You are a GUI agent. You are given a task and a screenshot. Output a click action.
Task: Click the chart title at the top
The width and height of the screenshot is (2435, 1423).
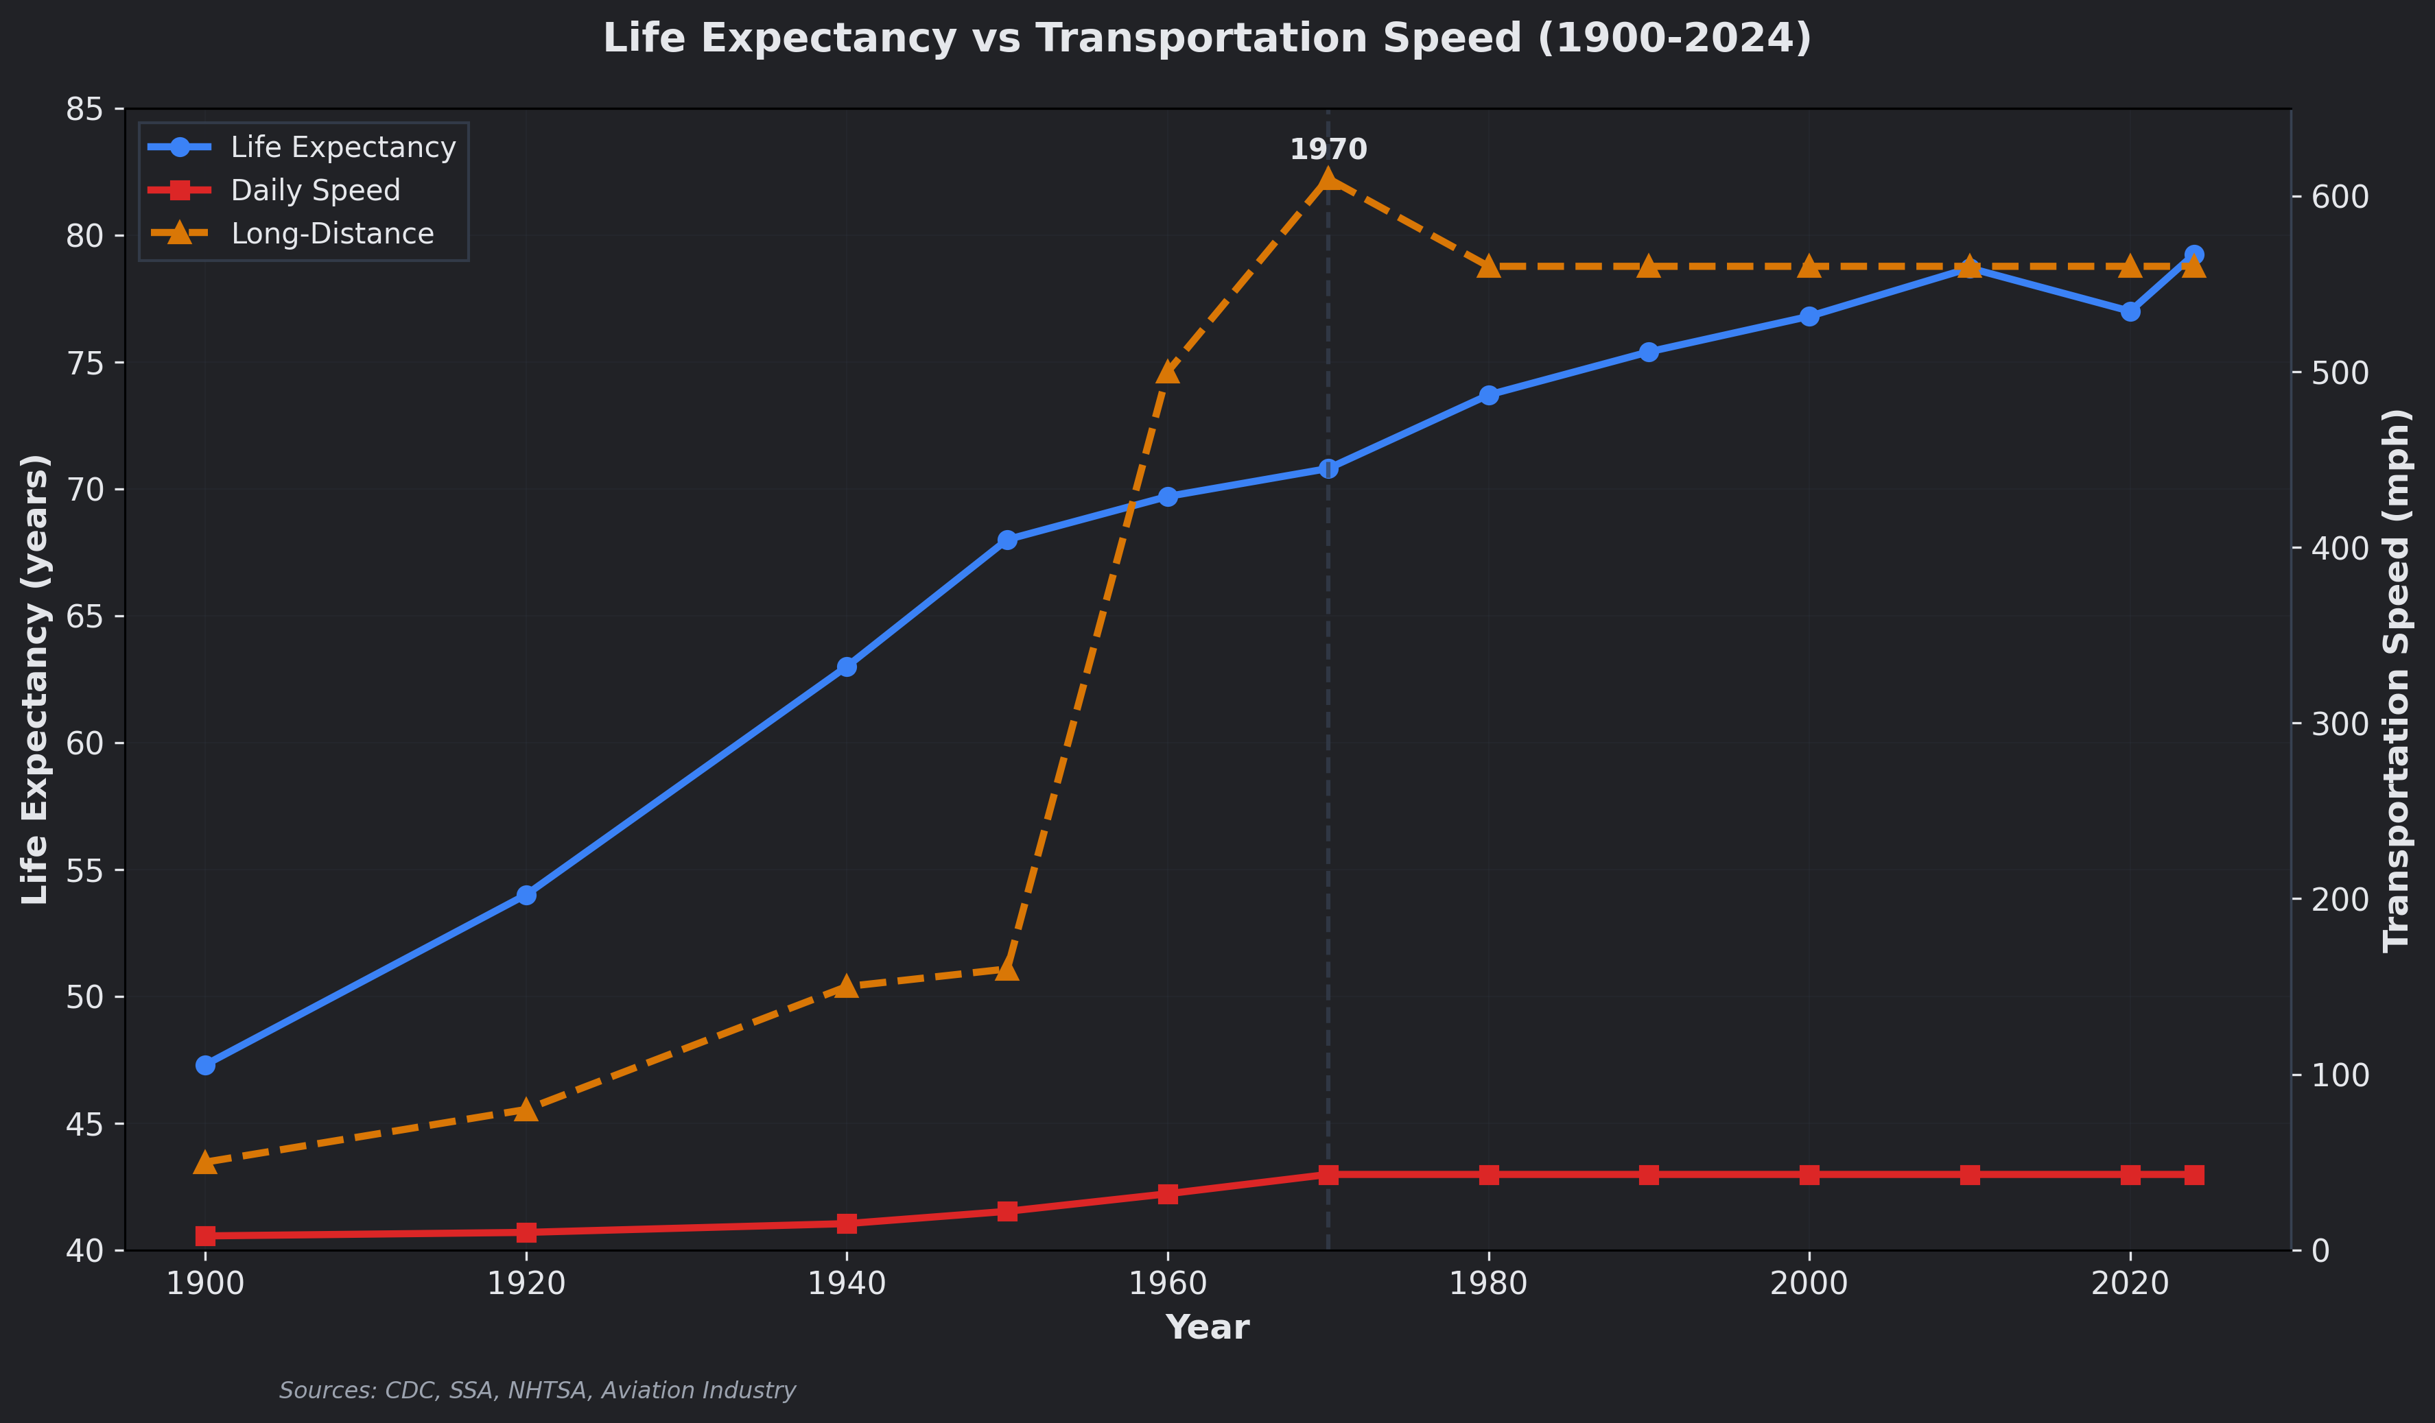(1207, 38)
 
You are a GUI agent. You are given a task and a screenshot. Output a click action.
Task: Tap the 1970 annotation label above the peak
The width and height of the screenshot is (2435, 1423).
(1328, 150)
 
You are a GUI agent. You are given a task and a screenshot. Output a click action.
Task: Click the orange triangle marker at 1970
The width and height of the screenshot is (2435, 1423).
(1328, 180)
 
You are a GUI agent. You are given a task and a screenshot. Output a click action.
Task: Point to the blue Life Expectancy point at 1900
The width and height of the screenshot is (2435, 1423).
(205, 1064)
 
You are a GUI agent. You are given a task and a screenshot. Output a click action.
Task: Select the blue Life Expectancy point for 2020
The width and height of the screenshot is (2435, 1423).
(2130, 311)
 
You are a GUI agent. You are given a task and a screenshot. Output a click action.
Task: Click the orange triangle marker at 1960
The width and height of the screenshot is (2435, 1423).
(1167, 372)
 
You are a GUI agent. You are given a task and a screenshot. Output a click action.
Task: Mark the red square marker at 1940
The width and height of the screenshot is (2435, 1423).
(847, 1223)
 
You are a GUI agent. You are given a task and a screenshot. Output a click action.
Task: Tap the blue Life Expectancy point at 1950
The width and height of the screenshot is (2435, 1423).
(1007, 540)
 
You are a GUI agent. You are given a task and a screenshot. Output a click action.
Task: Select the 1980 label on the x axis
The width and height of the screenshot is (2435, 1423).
(1488, 1283)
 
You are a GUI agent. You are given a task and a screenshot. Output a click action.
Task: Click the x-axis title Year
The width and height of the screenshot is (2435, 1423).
(1207, 1328)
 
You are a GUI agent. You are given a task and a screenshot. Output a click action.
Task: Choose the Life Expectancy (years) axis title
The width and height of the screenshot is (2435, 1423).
(36, 679)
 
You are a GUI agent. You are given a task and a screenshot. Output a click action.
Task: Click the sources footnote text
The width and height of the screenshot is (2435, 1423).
(537, 1390)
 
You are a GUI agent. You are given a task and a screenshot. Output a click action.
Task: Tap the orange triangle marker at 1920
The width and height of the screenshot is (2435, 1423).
(526, 1109)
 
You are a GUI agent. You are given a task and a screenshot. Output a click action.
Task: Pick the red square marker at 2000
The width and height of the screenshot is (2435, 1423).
(1809, 1175)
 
